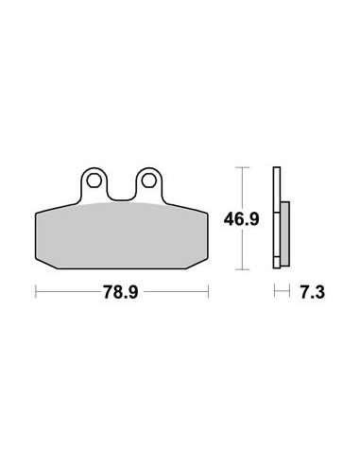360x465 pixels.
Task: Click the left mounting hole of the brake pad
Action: coord(93,181)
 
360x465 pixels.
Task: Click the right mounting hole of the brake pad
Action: coord(147,181)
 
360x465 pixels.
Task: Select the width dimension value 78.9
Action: coord(121,292)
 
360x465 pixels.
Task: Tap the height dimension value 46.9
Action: coord(242,219)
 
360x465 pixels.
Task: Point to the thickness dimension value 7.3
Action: coord(312,292)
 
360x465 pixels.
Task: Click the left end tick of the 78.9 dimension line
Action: coord(36,291)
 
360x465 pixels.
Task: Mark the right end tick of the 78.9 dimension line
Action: coord(208,291)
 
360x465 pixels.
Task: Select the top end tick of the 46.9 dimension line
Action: coord(242,167)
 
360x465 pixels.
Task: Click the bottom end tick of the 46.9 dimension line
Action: coord(242,269)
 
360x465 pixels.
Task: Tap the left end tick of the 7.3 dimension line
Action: coord(275,291)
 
